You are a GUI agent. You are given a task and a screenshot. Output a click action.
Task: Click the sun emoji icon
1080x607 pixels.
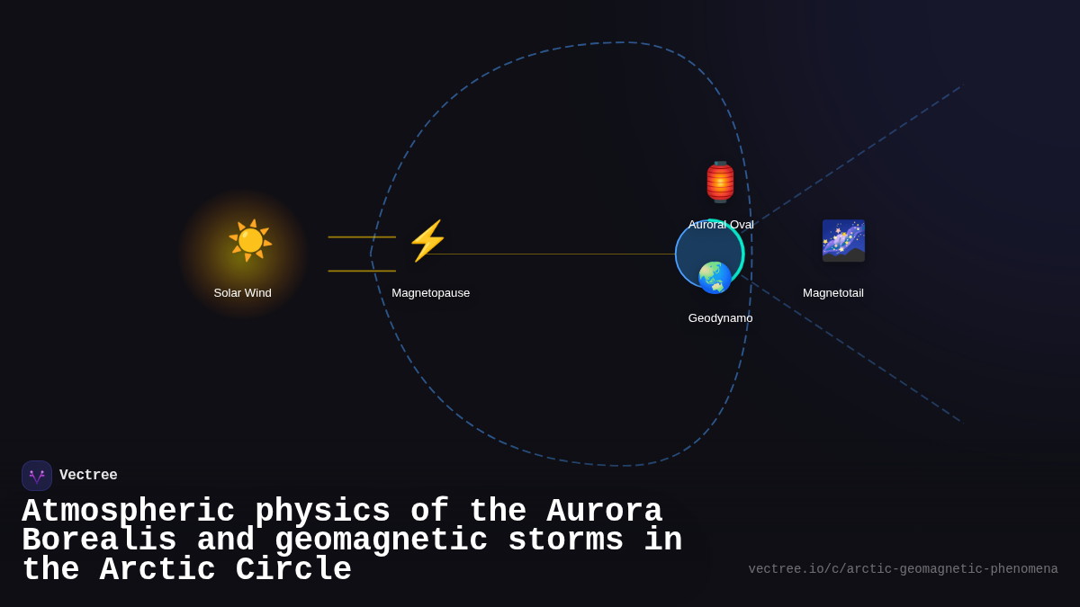[x=249, y=240]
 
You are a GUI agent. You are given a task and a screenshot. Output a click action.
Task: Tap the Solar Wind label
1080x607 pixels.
[x=242, y=293]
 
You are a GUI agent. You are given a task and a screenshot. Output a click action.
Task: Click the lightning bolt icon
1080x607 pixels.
[x=427, y=241]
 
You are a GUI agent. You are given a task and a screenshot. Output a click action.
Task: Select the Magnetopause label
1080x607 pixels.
[x=430, y=293]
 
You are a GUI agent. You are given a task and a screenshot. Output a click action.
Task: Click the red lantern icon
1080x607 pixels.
[x=720, y=182]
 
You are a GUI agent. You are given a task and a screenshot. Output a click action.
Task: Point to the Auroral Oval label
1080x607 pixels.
[x=721, y=225]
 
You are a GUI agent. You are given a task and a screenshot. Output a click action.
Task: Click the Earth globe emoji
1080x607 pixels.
[x=715, y=277]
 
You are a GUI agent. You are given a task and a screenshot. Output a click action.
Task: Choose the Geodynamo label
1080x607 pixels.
[x=720, y=318]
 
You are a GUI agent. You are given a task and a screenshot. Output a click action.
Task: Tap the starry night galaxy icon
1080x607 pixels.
[x=843, y=241]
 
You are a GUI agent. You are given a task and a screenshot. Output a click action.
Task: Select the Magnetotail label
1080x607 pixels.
[x=832, y=293]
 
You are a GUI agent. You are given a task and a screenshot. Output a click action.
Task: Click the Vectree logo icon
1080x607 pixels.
[x=37, y=476]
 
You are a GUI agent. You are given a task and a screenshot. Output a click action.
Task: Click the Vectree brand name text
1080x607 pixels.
[x=88, y=476]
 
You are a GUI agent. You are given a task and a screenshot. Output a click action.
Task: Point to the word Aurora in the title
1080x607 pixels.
[x=604, y=512]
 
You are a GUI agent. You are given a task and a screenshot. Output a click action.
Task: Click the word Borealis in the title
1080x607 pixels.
[x=99, y=540]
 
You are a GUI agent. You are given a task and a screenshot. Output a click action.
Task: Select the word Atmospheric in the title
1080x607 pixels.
[x=128, y=512]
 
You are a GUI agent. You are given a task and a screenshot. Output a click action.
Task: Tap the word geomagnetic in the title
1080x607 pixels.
[x=381, y=540]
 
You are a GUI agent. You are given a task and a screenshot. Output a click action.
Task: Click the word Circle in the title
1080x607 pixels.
[x=293, y=570]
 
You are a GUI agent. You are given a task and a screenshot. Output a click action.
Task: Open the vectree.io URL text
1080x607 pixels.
[x=903, y=569]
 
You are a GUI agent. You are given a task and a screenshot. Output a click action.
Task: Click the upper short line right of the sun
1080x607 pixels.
[x=362, y=237]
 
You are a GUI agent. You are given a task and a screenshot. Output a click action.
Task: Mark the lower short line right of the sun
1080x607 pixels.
[x=362, y=271]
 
